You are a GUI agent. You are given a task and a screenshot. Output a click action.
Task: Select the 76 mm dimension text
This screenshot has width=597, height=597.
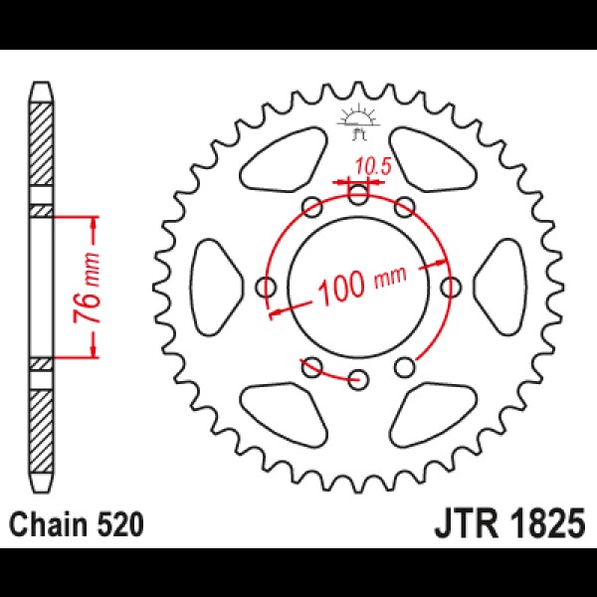coord(88,288)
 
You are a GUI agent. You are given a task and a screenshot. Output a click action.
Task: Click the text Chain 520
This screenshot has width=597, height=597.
coord(77,525)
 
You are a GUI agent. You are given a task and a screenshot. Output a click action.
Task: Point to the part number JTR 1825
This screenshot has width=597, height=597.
coord(509,524)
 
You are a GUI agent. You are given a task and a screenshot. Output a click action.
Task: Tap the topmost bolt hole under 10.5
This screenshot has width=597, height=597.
coord(358,194)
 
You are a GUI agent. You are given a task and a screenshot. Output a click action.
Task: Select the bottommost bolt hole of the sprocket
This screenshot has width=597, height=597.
coord(358,379)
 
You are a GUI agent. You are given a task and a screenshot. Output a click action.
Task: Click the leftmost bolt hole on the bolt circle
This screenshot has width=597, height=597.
coord(266,287)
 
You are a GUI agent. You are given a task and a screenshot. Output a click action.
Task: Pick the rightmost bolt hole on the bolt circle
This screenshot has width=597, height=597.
coord(451,287)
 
